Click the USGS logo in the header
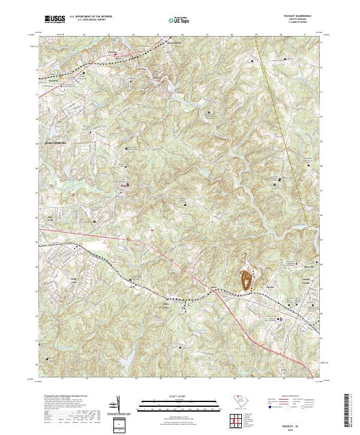coord(55,20)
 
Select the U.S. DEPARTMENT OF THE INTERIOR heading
coord(91,17)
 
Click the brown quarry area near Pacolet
coord(246,280)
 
